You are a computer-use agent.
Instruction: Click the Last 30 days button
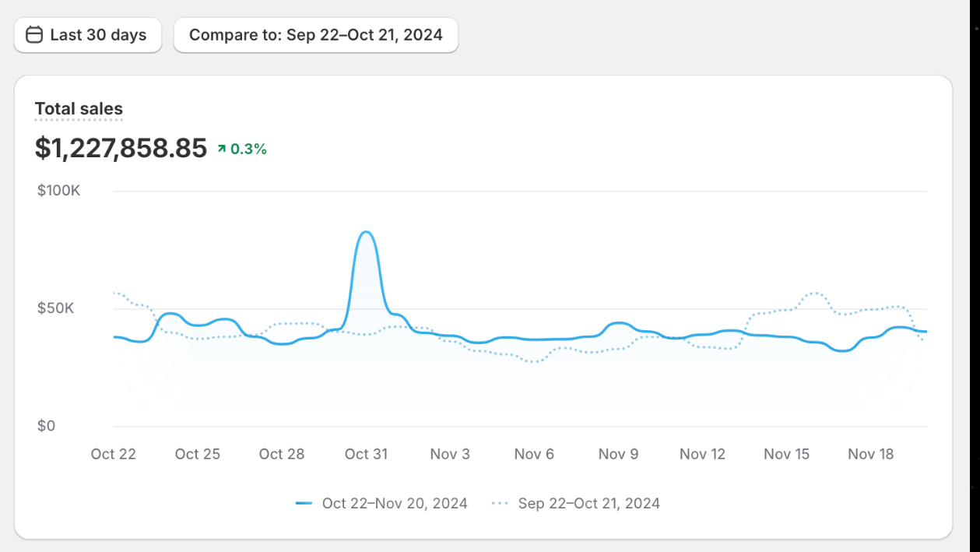tap(87, 35)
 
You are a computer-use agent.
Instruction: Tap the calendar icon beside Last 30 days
tap(34, 35)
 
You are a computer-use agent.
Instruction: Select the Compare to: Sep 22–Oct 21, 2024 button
tap(315, 35)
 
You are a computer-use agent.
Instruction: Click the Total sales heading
tap(79, 109)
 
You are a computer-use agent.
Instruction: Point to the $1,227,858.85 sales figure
tap(121, 148)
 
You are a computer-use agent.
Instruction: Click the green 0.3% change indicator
tap(242, 149)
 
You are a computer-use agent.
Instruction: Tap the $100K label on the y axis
tap(58, 191)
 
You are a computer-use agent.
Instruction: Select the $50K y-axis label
tap(56, 308)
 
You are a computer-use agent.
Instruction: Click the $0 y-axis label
tap(46, 426)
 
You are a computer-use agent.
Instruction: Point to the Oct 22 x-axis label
tap(113, 454)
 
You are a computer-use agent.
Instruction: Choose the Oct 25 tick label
tap(197, 454)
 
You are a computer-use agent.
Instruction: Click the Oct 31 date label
tap(366, 454)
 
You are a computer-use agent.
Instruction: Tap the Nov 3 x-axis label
tap(450, 454)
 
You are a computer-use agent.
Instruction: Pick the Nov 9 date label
tap(618, 454)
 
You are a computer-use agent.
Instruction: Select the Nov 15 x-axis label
tap(786, 454)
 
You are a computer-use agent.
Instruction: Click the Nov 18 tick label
tap(870, 454)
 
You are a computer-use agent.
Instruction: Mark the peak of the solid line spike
tap(365, 232)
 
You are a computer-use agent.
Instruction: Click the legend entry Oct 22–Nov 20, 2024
tap(381, 504)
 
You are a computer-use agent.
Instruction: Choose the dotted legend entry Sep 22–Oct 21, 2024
tap(576, 504)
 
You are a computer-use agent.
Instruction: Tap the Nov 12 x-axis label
tap(702, 454)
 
